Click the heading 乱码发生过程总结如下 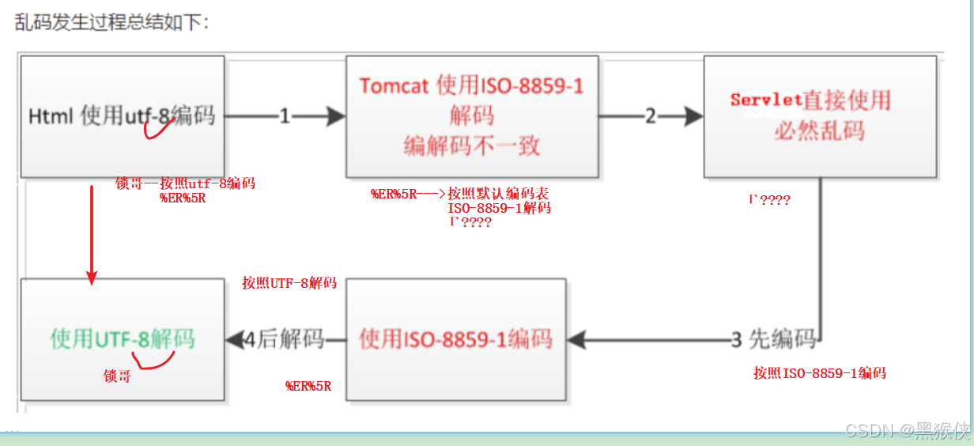pos(111,22)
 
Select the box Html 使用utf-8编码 pos(122,116)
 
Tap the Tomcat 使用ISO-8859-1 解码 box pos(471,116)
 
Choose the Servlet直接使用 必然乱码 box pos(820,116)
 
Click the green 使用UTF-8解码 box pos(123,340)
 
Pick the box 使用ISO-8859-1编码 pos(455,339)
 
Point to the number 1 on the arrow pos(285,116)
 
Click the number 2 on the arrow pos(651,116)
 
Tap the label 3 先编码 pos(773,340)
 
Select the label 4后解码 pos(284,340)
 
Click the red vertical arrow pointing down pos(92,229)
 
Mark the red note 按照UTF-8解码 pos(289,283)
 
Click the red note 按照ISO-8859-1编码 pos(819,373)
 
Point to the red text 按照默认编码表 pos(498,194)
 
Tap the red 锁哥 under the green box pos(118,377)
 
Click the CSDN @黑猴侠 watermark pos(907,430)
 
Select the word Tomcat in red pos(395,86)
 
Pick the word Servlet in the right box pos(766,100)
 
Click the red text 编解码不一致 pos(471,146)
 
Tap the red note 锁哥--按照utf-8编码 pos(185,183)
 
